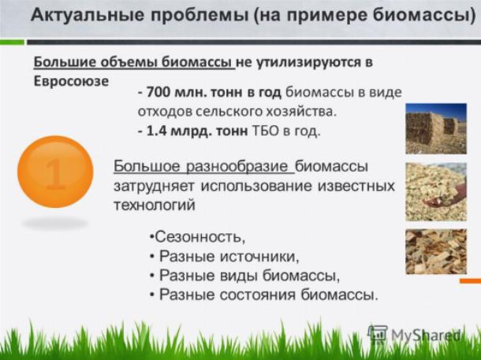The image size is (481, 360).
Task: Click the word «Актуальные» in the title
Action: pos(88,15)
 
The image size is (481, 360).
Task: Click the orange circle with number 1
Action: pos(55,172)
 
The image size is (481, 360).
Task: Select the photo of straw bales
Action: pos(436,128)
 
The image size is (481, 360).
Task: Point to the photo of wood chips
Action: pos(436,251)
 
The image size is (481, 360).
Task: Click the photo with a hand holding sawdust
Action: pos(436,191)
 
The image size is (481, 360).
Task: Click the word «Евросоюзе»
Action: pos(71,81)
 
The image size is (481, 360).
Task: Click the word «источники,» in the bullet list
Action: pos(259,256)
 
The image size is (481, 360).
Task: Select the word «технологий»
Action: pos(155,205)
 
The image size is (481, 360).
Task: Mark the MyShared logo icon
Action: pos(378,334)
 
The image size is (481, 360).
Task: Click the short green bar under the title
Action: pos(12,43)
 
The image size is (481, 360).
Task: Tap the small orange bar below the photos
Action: pos(470,281)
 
